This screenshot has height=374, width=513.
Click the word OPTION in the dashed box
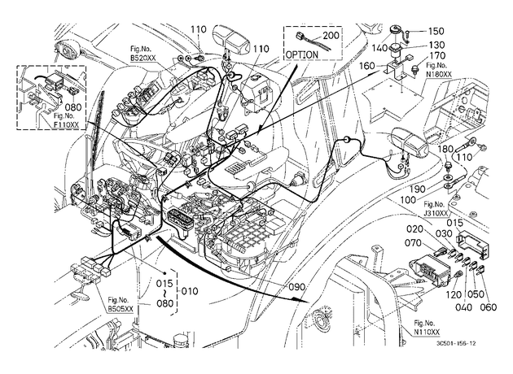pyautogui.click(x=301, y=54)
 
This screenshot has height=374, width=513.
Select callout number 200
pyautogui.click(x=331, y=35)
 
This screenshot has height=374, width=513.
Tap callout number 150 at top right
pyautogui.click(x=436, y=31)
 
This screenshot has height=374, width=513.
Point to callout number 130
pyautogui.click(x=436, y=45)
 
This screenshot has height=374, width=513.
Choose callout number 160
pyautogui.click(x=366, y=66)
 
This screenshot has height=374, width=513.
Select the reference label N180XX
pyautogui.click(x=439, y=74)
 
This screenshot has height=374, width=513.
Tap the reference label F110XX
pyautogui.click(x=66, y=124)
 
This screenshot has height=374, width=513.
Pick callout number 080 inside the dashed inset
pyautogui.click(x=73, y=107)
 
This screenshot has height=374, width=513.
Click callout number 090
pyautogui.click(x=296, y=287)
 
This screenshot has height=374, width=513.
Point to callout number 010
pyautogui.click(x=190, y=291)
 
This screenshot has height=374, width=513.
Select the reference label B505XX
pyautogui.click(x=121, y=308)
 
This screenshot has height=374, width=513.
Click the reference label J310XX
pyautogui.click(x=436, y=213)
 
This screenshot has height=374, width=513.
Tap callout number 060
pyautogui.click(x=488, y=307)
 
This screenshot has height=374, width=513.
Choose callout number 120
pyautogui.click(x=454, y=295)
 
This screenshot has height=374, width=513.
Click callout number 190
pyautogui.click(x=418, y=189)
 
